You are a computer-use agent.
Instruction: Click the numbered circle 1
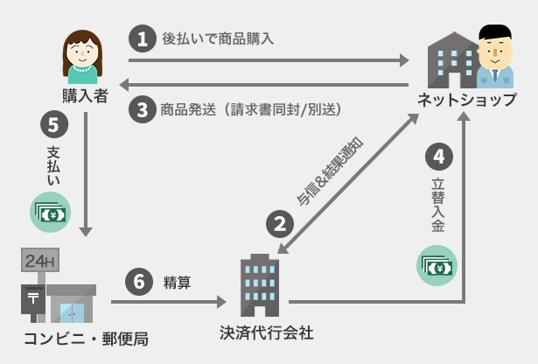(143, 38)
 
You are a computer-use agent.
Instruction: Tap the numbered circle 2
(280, 224)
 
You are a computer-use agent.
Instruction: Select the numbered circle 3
(143, 109)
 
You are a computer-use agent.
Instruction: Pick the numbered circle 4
(439, 157)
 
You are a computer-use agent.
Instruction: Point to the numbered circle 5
(54, 124)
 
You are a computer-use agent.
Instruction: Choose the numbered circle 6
(139, 282)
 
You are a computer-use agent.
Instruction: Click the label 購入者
(86, 96)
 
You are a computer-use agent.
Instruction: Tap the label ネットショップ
(466, 100)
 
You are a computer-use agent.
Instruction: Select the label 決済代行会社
(267, 333)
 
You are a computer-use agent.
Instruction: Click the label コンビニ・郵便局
(86, 339)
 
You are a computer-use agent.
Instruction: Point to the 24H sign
(40, 261)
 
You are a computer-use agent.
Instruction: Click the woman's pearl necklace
(83, 68)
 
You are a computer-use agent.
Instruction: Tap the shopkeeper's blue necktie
(495, 75)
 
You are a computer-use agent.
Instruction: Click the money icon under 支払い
(51, 213)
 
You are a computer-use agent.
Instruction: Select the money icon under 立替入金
(437, 265)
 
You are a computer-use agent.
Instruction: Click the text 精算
(177, 283)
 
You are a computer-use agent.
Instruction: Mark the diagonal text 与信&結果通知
(330, 171)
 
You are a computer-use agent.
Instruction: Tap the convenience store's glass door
(72, 313)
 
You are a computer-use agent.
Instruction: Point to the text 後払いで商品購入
(218, 38)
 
